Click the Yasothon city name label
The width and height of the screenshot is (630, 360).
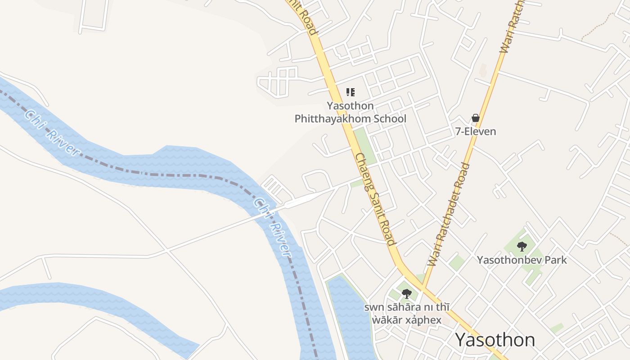tap(495, 340)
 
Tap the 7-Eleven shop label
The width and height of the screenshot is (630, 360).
tap(476, 131)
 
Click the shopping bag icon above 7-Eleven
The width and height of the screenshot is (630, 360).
tap(476, 118)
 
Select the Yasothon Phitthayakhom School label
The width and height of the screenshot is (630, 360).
tap(350, 112)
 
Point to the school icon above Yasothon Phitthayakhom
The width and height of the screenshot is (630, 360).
tap(350, 92)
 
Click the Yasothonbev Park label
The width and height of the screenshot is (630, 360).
tap(522, 260)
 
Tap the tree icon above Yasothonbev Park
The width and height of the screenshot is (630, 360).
tap(522, 247)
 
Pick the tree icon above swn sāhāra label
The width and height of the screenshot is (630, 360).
tap(407, 294)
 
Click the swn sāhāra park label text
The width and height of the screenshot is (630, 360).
tap(407, 314)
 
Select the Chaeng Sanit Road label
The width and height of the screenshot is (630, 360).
tap(375, 199)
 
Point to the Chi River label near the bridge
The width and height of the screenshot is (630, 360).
tap(273, 227)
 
